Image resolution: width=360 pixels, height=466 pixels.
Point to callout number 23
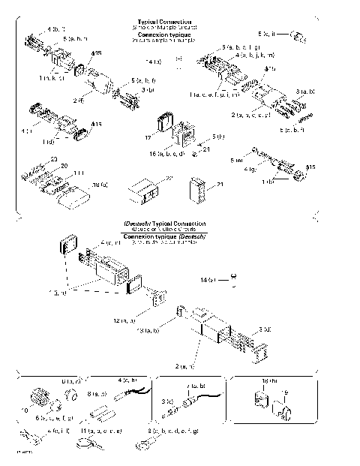(x=53, y=159)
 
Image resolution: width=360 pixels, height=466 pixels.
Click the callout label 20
(x=64, y=166)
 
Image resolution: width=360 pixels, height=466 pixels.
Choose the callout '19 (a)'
(x=100, y=183)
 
